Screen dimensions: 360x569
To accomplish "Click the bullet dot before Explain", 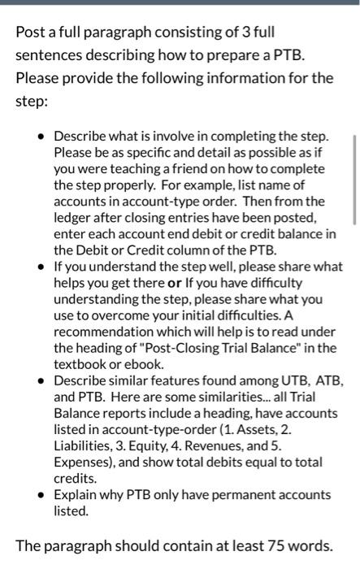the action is point(41,494).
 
